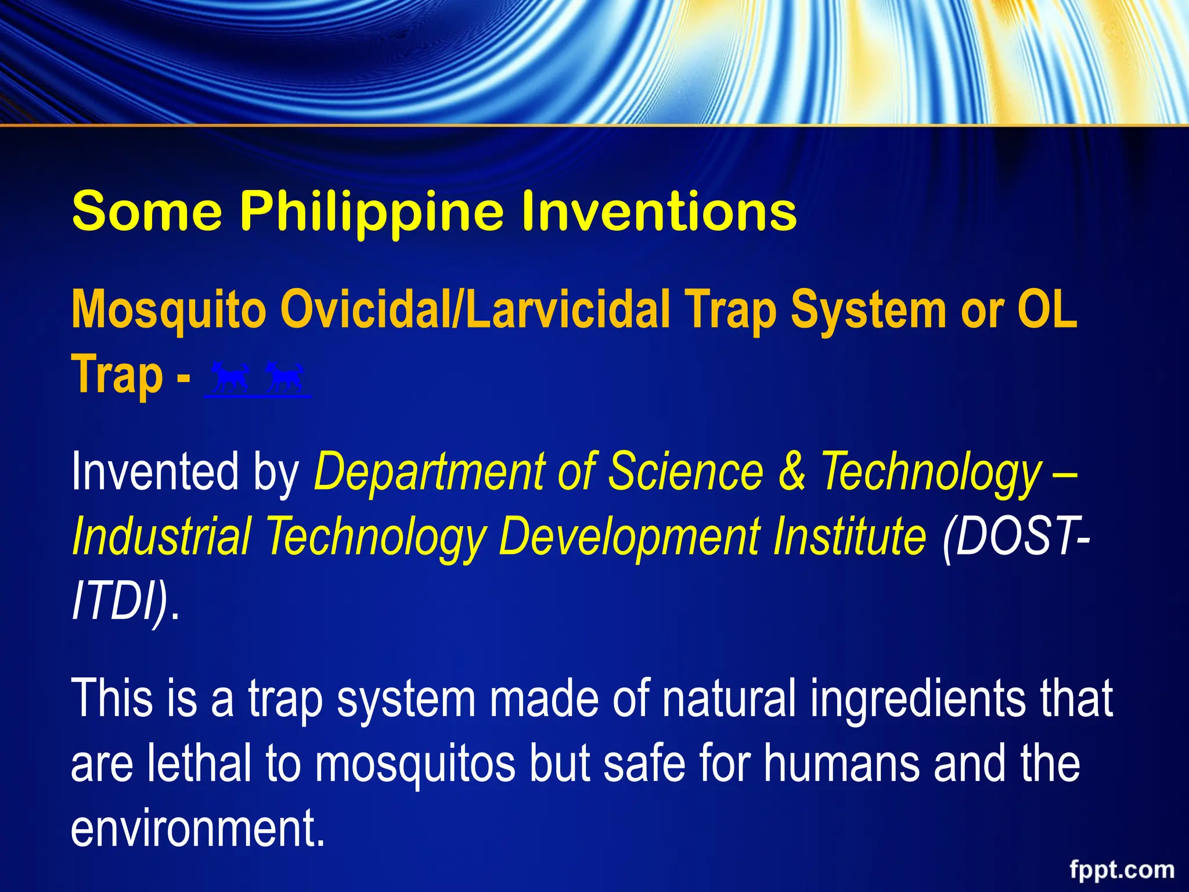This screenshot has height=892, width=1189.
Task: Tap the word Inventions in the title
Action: (x=658, y=211)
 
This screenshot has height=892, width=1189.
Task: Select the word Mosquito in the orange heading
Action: (x=169, y=310)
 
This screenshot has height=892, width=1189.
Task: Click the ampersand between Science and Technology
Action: (x=792, y=472)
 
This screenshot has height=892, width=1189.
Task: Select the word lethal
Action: (x=200, y=763)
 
